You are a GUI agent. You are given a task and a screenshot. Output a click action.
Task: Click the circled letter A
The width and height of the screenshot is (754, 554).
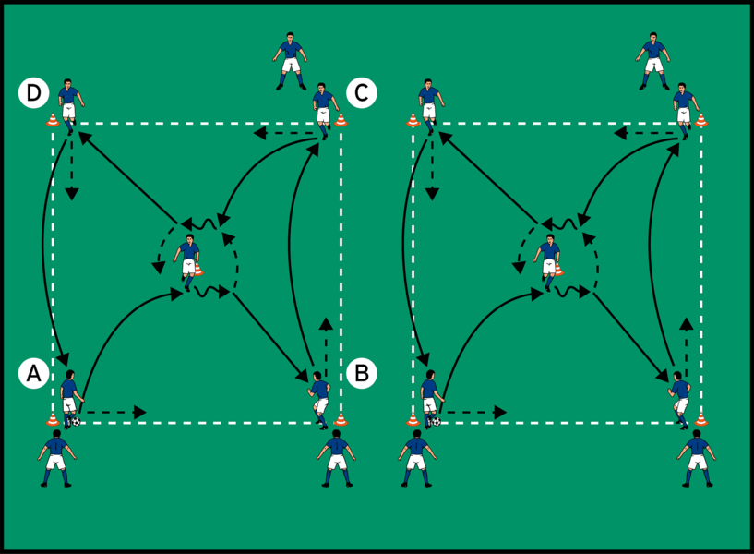(32, 373)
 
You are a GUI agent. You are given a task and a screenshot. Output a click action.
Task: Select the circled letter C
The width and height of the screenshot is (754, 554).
(360, 93)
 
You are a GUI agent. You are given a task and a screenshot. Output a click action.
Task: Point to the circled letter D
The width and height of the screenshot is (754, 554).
(33, 93)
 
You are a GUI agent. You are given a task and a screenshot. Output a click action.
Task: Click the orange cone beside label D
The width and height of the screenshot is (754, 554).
(53, 120)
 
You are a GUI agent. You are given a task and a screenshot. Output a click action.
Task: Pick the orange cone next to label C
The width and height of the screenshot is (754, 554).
(341, 120)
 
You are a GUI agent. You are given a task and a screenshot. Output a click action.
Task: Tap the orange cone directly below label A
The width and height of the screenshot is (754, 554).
(53, 420)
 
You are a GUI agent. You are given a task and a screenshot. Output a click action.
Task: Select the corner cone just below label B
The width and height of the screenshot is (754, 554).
(341, 420)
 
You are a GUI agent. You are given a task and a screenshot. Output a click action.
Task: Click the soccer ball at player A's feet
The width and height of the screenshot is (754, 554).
(75, 422)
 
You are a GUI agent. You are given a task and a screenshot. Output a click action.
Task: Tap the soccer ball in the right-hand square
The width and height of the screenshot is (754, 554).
(434, 422)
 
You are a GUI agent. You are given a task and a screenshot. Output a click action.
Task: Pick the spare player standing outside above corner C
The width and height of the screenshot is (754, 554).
(291, 60)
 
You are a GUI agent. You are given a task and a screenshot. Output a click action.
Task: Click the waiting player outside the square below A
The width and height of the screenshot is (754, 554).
(56, 457)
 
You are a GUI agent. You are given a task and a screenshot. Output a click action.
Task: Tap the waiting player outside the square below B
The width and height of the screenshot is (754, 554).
(336, 457)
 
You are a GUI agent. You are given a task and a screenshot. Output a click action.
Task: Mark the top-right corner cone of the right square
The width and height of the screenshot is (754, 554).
(701, 120)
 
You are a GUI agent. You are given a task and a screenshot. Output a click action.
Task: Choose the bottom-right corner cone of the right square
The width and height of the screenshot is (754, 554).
(701, 420)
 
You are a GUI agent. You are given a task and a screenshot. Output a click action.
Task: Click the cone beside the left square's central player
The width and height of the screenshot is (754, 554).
(198, 270)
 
